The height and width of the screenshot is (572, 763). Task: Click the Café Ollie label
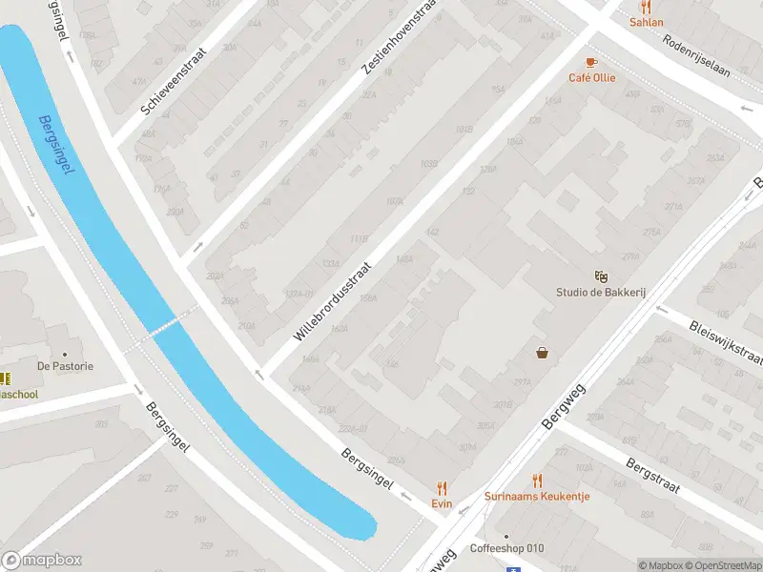click(592, 78)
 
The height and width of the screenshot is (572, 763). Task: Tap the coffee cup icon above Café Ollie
click(591, 62)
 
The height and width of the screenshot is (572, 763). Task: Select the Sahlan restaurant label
click(646, 22)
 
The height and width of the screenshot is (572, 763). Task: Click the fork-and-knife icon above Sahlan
click(646, 6)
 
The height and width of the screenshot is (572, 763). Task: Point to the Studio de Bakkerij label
click(601, 293)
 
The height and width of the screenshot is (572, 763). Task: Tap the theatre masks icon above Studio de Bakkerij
click(601, 276)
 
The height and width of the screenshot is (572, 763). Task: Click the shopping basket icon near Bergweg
click(543, 354)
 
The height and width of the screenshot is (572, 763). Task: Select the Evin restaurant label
click(441, 503)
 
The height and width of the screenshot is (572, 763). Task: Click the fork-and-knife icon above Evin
click(441, 486)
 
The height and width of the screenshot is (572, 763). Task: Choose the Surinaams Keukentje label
click(537, 497)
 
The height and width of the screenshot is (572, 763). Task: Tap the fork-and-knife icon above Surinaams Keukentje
click(537, 480)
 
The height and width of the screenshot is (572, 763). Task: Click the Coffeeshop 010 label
click(506, 548)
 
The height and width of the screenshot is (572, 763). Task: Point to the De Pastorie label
click(65, 366)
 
